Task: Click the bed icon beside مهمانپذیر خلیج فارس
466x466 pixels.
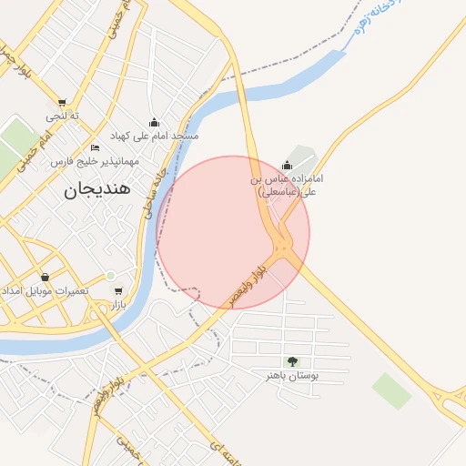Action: pyautogui.click(x=96, y=147)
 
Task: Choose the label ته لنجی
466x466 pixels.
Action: pyautogui.click(x=63, y=116)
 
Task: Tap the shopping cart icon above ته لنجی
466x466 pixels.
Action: pyautogui.click(x=62, y=103)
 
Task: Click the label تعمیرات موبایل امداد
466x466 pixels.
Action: pyautogui.click(x=45, y=290)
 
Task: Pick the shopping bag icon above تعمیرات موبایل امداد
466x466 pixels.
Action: pyautogui.click(x=45, y=277)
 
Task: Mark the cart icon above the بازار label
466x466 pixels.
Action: pyautogui.click(x=118, y=291)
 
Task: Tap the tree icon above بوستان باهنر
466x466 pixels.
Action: pyautogui.click(x=291, y=361)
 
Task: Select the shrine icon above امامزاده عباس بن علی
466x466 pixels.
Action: pyautogui.click(x=288, y=166)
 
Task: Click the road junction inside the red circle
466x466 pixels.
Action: pyautogui.click(x=284, y=245)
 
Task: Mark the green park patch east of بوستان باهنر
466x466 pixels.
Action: pyautogui.click(x=391, y=390)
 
